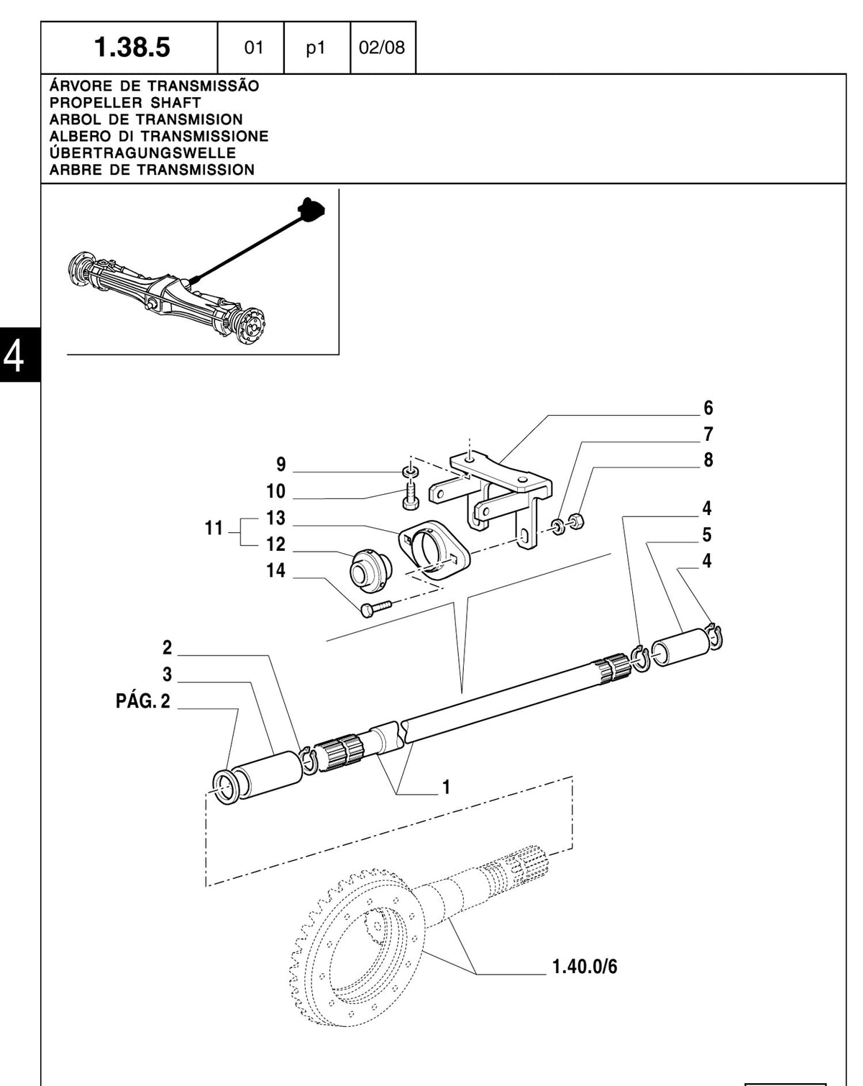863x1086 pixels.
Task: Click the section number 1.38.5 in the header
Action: (x=132, y=47)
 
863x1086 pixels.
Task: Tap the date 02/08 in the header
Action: (x=382, y=47)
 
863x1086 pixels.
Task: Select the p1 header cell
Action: (x=316, y=48)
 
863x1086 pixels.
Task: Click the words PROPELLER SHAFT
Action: (x=125, y=103)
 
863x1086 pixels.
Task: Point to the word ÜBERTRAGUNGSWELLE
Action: (x=143, y=153)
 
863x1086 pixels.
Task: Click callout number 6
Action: (x=708, y=408)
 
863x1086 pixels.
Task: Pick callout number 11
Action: (x=214, y=528)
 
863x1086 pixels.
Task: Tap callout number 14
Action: (x=275, y=570)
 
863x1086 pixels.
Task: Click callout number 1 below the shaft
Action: (x=446, y=787)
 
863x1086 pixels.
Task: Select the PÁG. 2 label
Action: (x=143, y=701)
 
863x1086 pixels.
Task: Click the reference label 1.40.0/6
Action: (x=585, y=967)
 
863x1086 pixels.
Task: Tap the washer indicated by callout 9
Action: (x=409, y=472)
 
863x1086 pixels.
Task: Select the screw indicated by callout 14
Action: (x=377, y=608)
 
